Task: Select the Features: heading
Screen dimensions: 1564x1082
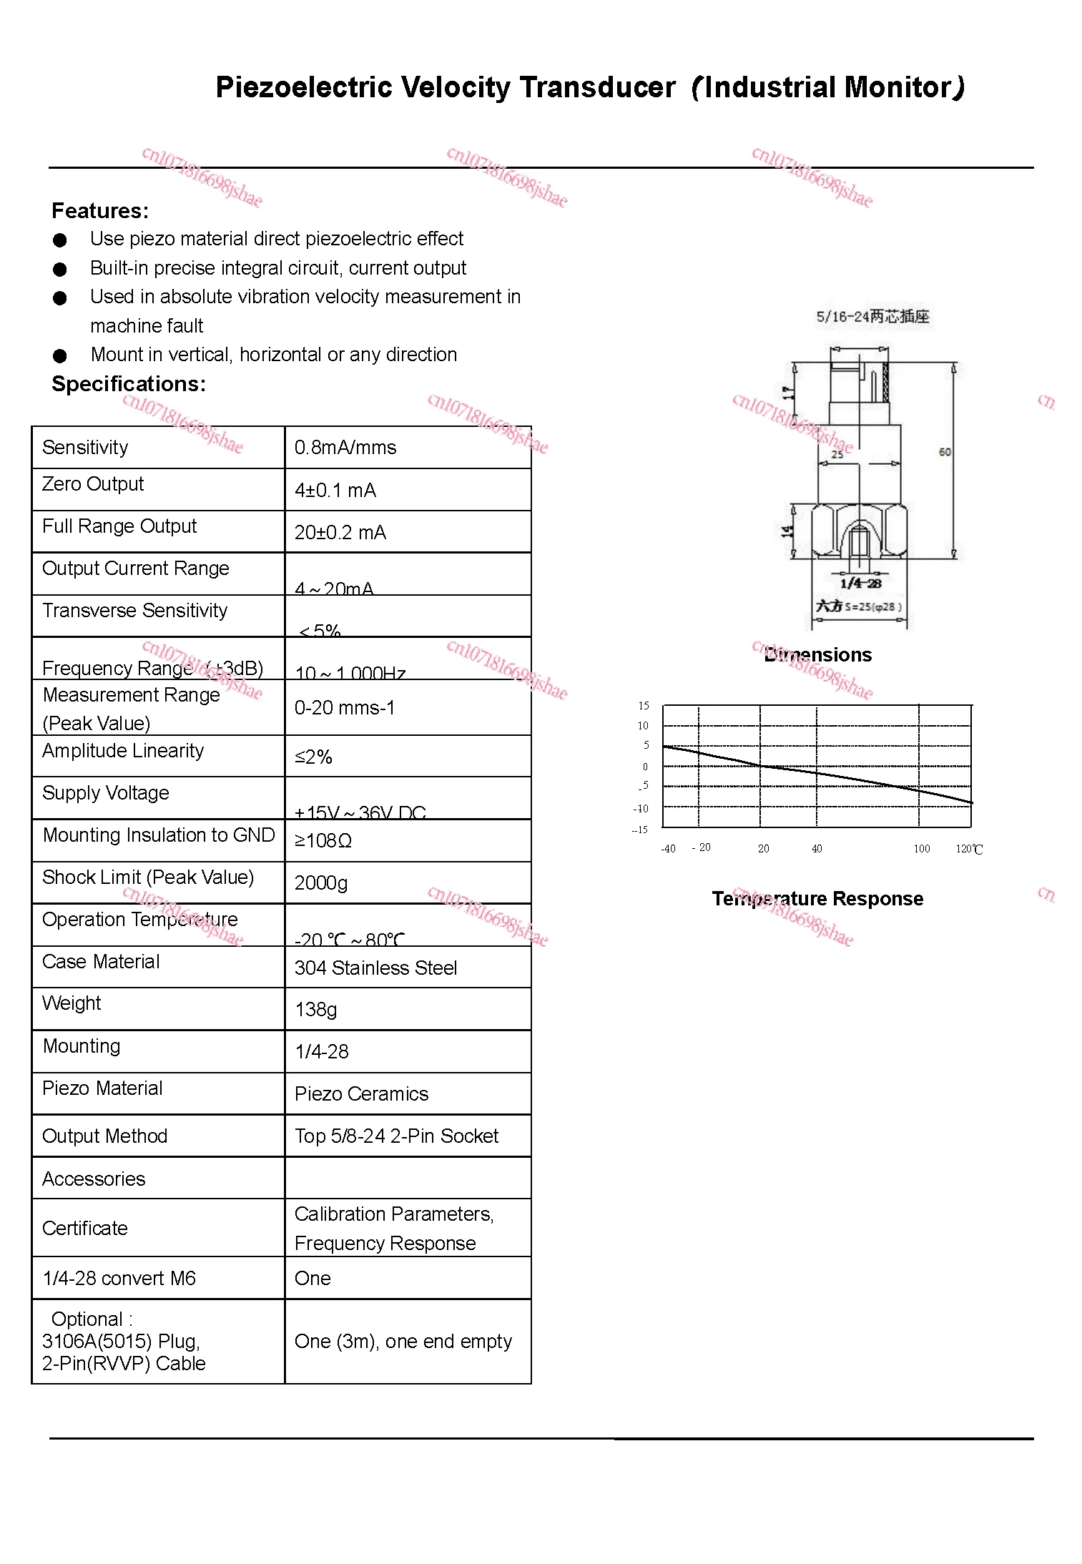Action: [100, 211]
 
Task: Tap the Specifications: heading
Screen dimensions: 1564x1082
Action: [129, 384]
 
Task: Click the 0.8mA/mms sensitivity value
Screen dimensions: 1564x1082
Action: [345, 448]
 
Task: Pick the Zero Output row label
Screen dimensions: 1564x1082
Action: [93, 484]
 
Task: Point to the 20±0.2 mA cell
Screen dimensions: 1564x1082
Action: [340, 533]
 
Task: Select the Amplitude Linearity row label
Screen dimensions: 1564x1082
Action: [123, 751]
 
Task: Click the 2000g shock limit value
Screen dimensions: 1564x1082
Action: [321, 883]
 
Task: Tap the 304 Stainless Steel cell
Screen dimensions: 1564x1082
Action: [375, 968]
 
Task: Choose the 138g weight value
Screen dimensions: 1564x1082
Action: [315, 1010]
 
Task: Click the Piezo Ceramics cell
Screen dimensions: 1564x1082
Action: [361, 1094]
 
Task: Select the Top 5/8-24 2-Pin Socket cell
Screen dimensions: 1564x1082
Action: [396, 1136]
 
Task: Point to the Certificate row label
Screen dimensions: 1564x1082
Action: [85, 1229]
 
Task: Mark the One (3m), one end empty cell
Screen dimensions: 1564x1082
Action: [403, 1342]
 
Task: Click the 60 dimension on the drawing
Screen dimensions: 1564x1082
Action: [945, 452]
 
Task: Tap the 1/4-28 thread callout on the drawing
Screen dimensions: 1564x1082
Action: [860, 584]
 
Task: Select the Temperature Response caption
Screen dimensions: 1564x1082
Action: [817, 899]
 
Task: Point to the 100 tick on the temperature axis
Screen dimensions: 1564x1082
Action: [921, 849]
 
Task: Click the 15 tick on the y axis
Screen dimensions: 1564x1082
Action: [644, 706]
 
